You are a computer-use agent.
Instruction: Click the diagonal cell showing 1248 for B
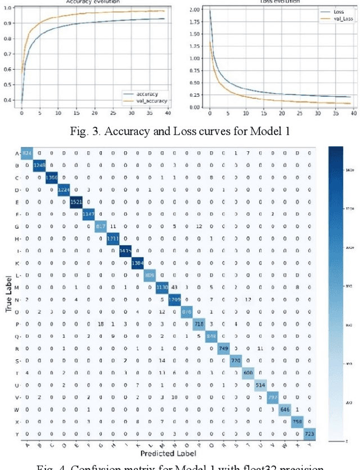tap(38, 165)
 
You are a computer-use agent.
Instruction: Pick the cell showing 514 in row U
tap(260, 385)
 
